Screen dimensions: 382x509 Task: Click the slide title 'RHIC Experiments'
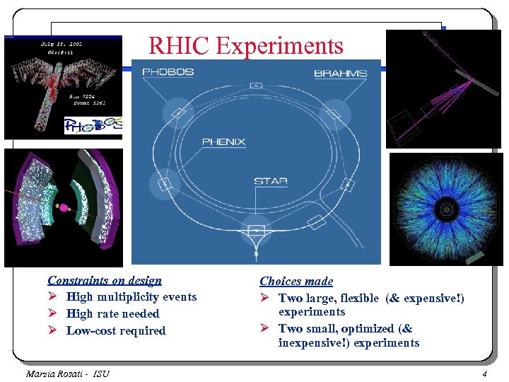pyautogui.click(x=245, y=46)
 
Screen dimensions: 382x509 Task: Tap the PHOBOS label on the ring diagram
pyautogui.click(x=168, y=72)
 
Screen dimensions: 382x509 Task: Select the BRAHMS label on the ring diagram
pyautogui.click(x=340, y=73)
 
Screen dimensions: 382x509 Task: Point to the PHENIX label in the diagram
pyautogui.click(x=223, y=141)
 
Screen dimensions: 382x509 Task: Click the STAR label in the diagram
pyautogui.click(x=271, y=181)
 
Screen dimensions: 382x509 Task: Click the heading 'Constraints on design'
pyautogui.click(x=104, y=281)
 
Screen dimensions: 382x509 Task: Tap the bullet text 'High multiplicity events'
pyautogui.click(x=131, y=297)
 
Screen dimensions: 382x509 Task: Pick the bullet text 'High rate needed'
pyautogui.click(x=112, y=314)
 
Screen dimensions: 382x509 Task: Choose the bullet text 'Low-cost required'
pyautogui.click(x=116, y=331)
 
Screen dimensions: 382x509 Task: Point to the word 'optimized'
pyautogui.click(x=366, y=329)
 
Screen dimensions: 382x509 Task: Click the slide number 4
pyautogui.click(x=484, y=374)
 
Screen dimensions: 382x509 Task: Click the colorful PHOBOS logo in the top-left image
pyautogui.click(x=93, y=125)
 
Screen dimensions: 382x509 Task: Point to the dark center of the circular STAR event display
pyautogui.click(x=446, y=209)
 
